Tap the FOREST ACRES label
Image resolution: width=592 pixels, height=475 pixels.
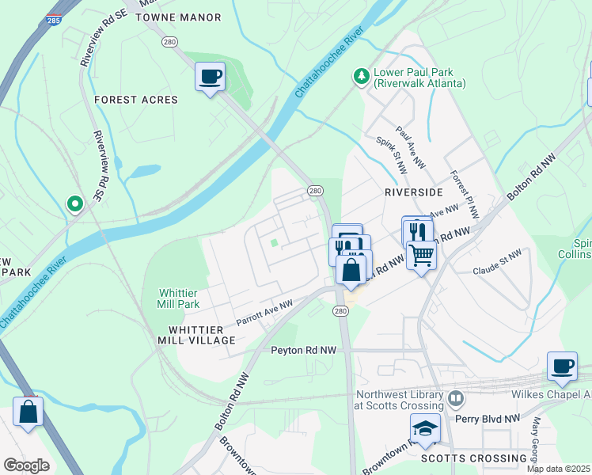135,100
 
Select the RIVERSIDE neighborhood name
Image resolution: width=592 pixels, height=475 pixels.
413,192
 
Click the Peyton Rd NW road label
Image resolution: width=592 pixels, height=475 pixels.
304,350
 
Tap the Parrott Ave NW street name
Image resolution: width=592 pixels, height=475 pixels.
265,313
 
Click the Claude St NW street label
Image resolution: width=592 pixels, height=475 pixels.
497,263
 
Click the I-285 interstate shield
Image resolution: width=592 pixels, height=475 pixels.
53,19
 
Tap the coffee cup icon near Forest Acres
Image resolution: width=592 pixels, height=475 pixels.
210,78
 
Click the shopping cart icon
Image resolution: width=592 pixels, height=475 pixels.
422,255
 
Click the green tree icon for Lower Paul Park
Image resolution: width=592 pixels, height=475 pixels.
362,76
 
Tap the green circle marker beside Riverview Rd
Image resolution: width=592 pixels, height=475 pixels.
75,205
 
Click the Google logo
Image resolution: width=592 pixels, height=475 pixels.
26,465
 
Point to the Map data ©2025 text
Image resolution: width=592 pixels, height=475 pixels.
559,469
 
